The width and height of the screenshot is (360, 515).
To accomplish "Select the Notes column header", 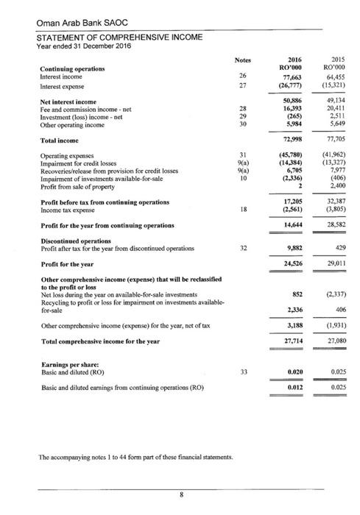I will pyautogui.click(x=242, y=60).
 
